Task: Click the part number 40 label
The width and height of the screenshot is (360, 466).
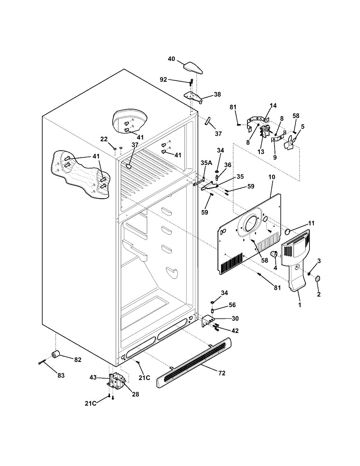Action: pyautogui.click(x=171, y=59)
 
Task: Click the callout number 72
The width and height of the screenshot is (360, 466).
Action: pyautogui.click(x=222, y=373)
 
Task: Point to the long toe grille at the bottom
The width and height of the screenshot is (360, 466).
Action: pyautogui.click(x=194, y=363)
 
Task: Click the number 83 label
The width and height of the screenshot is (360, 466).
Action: pyautogui.click(x=61, y=376)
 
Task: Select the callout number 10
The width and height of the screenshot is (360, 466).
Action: pyautogui.click(x=271, y=177)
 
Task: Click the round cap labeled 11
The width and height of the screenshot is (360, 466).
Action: pyautogui.click(x=288, y=232)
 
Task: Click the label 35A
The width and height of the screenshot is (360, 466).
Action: pyautogui.click(x=206, y=163)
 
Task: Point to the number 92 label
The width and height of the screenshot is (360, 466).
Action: pyautogui.click(x=163, y=80)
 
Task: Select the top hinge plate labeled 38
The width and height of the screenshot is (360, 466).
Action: pyautogui.click(x=193, y=96)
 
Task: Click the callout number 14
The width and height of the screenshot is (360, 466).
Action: pyautogui.click(x=273, y=106)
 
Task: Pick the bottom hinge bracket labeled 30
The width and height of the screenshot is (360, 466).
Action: pyautogui.click(x=208, y=321)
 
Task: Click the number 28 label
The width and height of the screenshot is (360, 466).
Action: pyautogui.click(x=135, y=394)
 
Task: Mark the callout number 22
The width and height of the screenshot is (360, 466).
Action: pyautogui.click(x=104, y=139)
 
